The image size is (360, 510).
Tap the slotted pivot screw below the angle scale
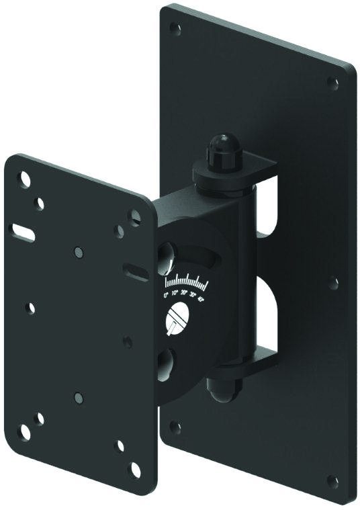178,318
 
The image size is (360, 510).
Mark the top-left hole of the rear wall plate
175,29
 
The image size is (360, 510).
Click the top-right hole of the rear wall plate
332,83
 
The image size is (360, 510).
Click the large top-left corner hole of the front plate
25,179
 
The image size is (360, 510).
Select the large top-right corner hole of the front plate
134,216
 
